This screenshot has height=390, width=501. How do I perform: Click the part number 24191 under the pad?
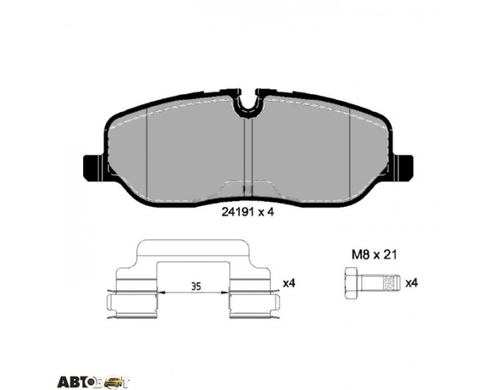click(x=238, y=212)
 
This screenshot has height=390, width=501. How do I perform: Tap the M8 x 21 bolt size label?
click(x=374, y=255)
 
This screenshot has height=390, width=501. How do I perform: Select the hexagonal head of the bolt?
click(x=353, y=283)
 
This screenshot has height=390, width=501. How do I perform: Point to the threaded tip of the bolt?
click(x=392, y=283)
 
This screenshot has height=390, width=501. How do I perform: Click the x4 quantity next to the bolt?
click(x=412, y=283)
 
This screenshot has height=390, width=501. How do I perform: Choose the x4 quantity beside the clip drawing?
click(x=289, y=283)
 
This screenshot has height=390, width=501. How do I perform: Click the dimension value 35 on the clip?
click(x=196, y=286)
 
